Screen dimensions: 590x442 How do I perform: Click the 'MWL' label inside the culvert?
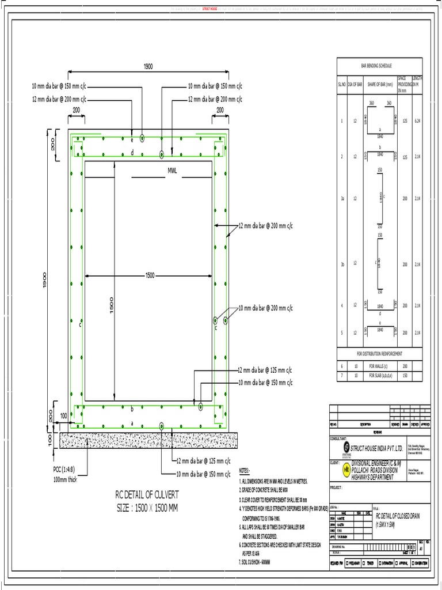(x=172, y=171)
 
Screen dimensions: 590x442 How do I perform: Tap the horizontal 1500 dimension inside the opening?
(x=150, y=276)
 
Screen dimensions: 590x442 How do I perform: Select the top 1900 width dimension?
(x=148, y=67)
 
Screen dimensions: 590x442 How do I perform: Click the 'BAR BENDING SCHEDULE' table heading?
(x=376, y=67)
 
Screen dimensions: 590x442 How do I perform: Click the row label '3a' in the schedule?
(x=342, y=198)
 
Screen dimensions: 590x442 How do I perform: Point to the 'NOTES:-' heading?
(x=245, y=471)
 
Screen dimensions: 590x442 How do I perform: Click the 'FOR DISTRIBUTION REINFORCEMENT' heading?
(x=379, y=353)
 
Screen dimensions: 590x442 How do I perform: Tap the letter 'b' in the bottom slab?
(x=132, y=409)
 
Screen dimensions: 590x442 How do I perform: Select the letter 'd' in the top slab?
(x=132, y=153)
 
